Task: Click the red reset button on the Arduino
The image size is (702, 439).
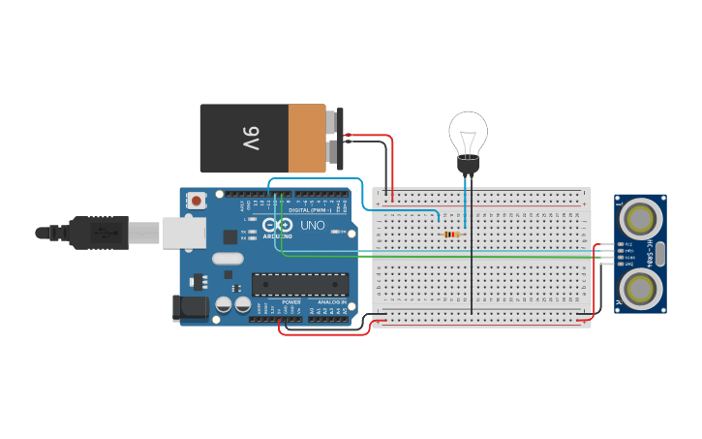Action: coord(198,201)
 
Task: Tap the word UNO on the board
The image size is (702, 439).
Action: coord(312,225)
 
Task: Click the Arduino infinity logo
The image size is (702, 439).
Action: coord(278,226)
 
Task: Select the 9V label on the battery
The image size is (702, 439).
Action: coord(251,138)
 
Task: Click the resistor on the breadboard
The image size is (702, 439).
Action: coord(451,234)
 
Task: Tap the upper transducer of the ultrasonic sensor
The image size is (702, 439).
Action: coord(639,215)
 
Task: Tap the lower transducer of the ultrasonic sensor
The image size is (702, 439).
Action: coord(639,288)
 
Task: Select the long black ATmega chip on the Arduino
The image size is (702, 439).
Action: coord(299,283)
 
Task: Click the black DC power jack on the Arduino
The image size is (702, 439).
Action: coord(190,307)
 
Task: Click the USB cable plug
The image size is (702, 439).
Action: coord(97,233)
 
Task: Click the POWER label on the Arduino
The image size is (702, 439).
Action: coord(290,301)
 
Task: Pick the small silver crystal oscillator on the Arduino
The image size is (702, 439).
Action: coord(228,258)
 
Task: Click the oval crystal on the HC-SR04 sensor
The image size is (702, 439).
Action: coord(661,253)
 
